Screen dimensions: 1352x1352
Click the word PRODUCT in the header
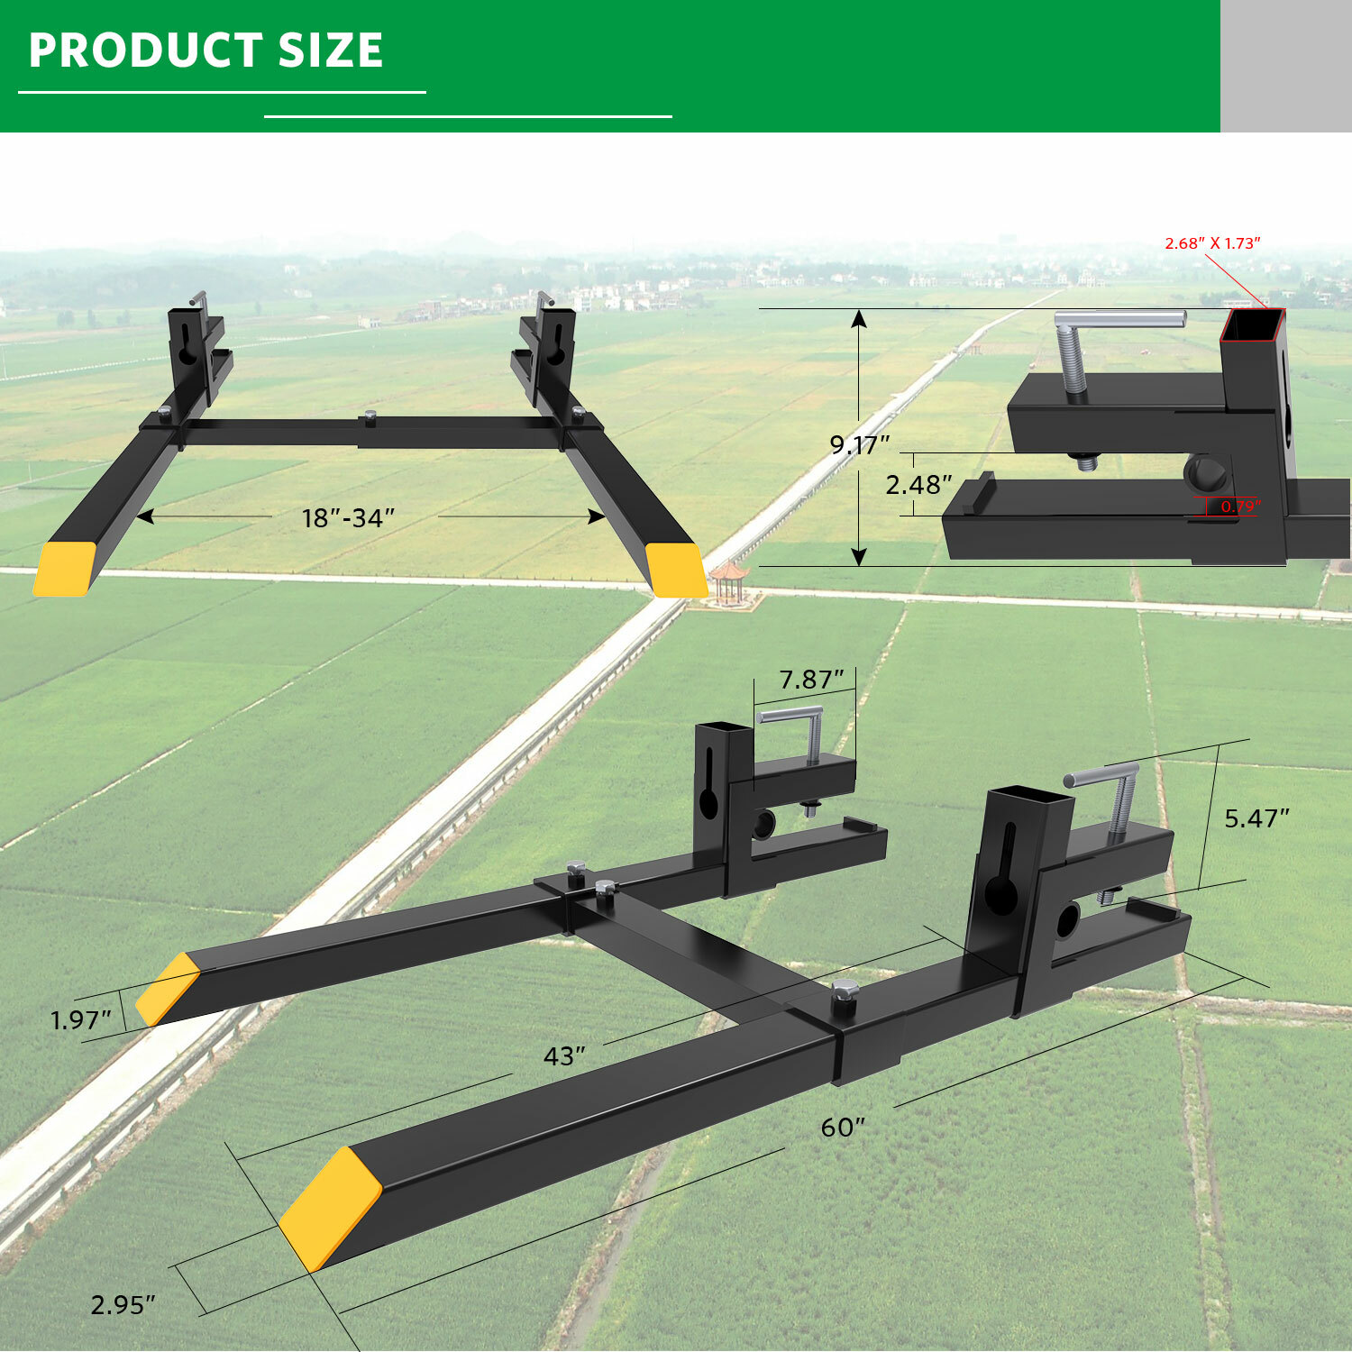(x=145, y=50)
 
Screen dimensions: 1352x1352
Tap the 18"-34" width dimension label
(x=348, y=518)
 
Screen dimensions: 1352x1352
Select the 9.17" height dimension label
(x=859, y=444)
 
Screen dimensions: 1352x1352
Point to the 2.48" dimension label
(x=918, y=485)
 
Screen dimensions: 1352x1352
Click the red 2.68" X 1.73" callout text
(x=1212, y=243)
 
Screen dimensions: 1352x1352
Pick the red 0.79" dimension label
(x=1240, y=507)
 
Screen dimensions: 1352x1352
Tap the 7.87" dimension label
(x=811, y=680)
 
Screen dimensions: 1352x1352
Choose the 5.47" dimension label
(x=1256, y=818)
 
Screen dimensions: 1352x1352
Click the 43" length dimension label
(x=564, y=1055)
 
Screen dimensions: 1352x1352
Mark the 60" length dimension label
(x=843, y=1128)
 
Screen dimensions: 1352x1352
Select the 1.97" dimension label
(x=80, y=1020)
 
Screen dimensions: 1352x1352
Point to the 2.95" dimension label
(x=123, y=1304)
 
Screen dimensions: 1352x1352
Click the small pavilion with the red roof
(x=728, y=580)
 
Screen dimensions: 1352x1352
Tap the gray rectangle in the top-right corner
(x=1285, y=66)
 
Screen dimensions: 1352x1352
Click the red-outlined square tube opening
(x=1253, y=325)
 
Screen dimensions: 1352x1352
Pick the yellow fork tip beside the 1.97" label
(x=168, y=989)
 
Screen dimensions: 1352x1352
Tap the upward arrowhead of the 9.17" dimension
(x=859, y=318)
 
